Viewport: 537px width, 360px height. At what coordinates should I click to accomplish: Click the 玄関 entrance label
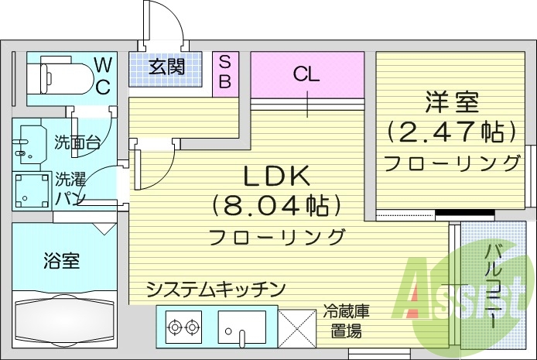click(x=167, y=67)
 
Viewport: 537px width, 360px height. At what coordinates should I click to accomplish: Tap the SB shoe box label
click(x=224, y=72)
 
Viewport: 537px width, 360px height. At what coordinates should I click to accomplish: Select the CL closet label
click(x=306, y=74)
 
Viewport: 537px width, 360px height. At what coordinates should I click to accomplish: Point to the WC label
click(x=102, y=75)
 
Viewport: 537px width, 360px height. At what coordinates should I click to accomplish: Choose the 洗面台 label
click(x=77, y=142)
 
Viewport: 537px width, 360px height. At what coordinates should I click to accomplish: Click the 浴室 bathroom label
click(x=60, y=261)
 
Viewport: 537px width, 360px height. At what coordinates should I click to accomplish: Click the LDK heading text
click(x=276, y=177)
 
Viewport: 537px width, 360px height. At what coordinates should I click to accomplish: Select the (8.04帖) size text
click(x=276, y=206)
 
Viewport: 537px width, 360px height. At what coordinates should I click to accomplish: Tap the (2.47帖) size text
click(x=451, y=131)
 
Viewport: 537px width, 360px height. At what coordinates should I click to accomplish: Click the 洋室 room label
click(x=452, y=101)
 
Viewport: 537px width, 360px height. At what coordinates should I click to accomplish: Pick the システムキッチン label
click(x=217, y=289)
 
